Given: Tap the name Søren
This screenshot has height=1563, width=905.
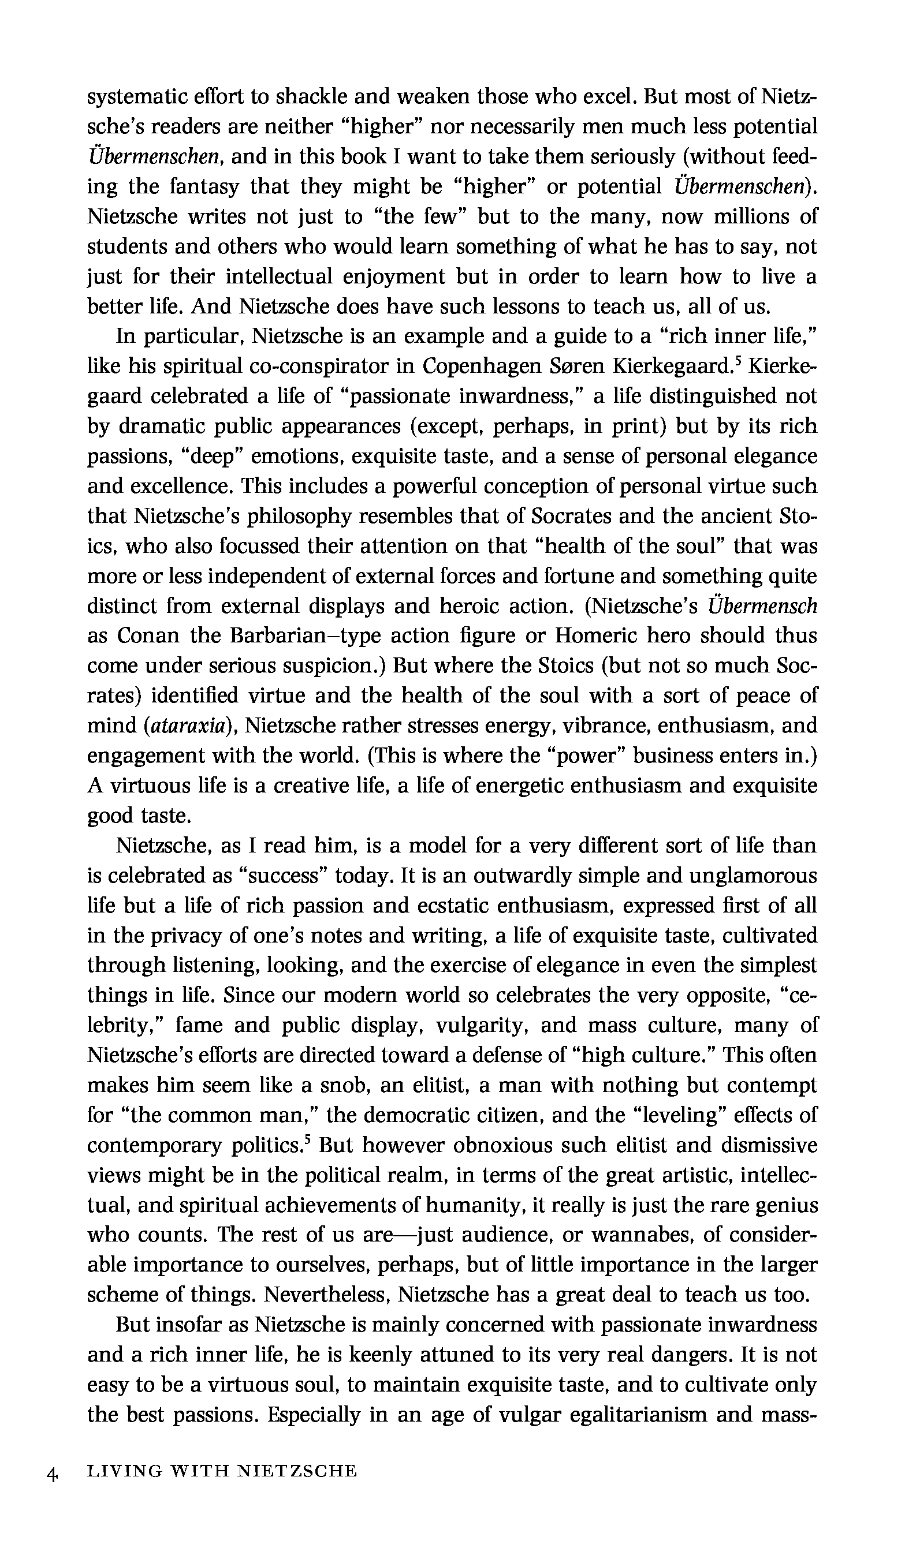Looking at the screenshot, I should coord(576,367).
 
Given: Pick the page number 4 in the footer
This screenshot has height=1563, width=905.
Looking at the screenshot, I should coord(51,1471).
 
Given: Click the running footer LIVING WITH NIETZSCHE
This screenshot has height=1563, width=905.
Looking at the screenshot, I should coord(222,1471).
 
